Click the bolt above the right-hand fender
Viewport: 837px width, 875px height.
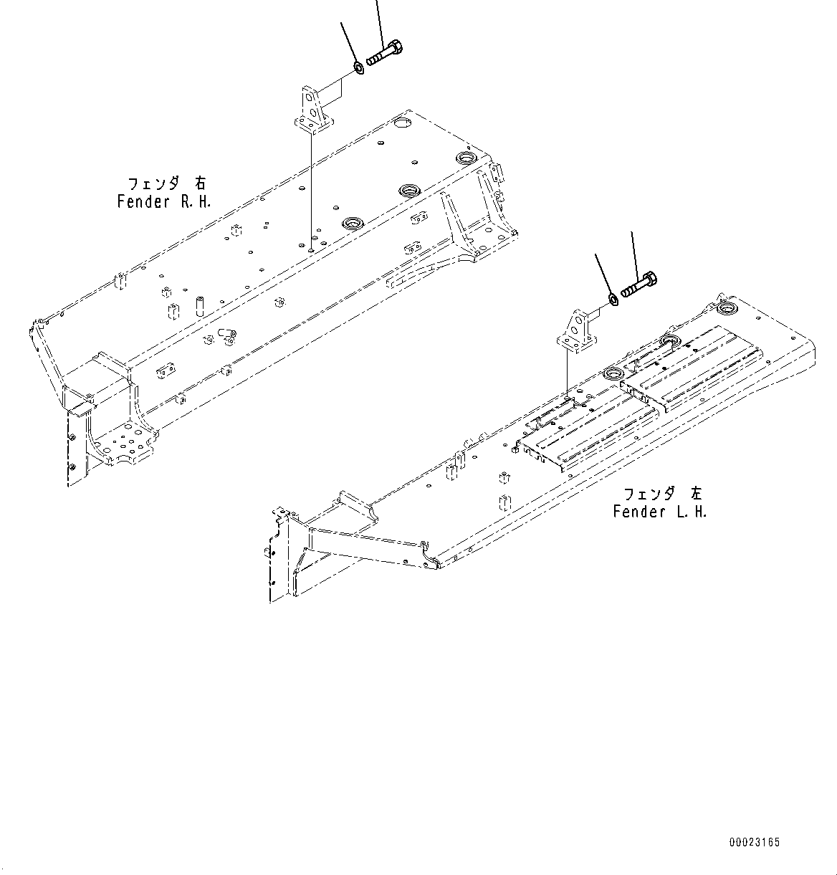pyautogui.click(x=386, y=54)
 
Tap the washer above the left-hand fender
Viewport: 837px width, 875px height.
pyautogui.click(x=613, y=299)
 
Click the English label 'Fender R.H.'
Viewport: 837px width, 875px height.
pyautogui.click(x=164, y=201)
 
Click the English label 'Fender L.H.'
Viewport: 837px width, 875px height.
pyautogui.click(x=660, y=512)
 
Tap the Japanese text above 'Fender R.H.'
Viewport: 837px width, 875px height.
pyautogui.click(x=166, y=183)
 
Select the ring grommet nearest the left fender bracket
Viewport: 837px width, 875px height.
pyautogui.click(x=614, y=373)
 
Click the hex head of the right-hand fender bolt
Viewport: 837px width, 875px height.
pyautogui.click(x=396, y=50)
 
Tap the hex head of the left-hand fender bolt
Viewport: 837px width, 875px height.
pyautogui.click(x=651, y=280)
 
